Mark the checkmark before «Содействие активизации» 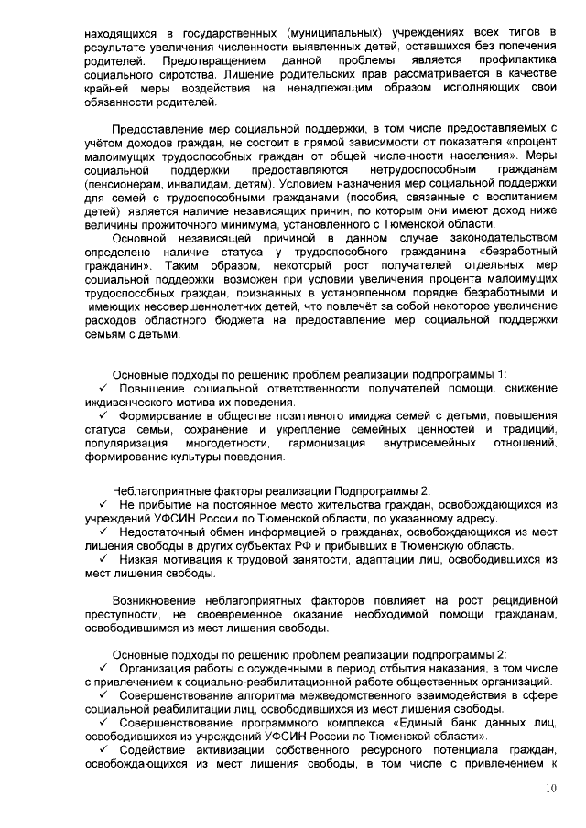coord(103,751)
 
